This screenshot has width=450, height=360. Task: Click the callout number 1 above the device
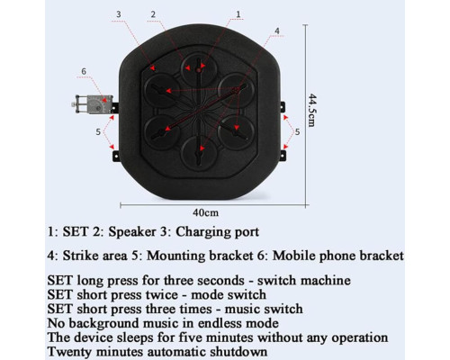238,14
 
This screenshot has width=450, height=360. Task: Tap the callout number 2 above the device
153,14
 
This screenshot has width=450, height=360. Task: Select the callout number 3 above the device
119,14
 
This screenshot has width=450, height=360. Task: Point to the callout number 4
277,31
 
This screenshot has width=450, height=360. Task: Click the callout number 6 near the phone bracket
84,71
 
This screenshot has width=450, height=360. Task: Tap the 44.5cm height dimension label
312,110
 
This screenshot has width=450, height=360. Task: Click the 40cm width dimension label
205,212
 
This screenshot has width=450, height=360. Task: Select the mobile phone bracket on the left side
93,103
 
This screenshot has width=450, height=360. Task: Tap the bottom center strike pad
199,153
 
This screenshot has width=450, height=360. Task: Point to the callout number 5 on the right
297,132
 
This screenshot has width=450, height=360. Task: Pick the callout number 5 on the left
98,132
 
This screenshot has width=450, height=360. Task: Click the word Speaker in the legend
132,232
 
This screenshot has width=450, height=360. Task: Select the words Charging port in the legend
217,232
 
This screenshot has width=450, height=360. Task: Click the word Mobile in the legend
293,256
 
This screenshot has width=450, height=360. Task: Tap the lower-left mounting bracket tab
116,156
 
